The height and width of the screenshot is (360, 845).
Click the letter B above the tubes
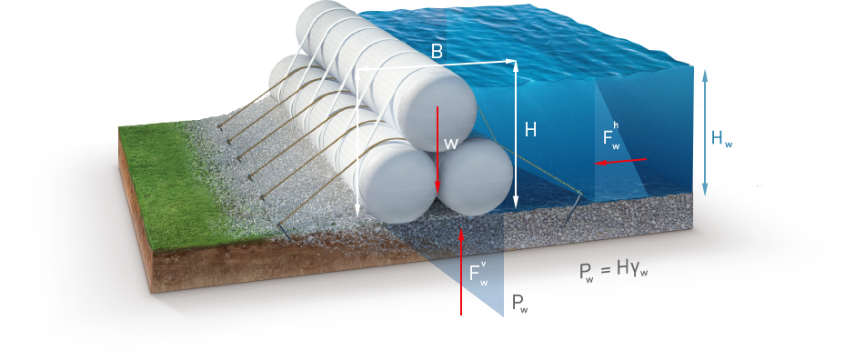click(437, 53)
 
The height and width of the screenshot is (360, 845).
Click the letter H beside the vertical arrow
click(530, 131)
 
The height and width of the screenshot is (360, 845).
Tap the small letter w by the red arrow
click(449, 144)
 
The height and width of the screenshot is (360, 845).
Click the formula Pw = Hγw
click(614, 271)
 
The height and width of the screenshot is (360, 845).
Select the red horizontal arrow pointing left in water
click(622, 162)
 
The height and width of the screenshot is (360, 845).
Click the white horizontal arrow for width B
click(437, 65)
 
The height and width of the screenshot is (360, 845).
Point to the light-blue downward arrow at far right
click(704, 173)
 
